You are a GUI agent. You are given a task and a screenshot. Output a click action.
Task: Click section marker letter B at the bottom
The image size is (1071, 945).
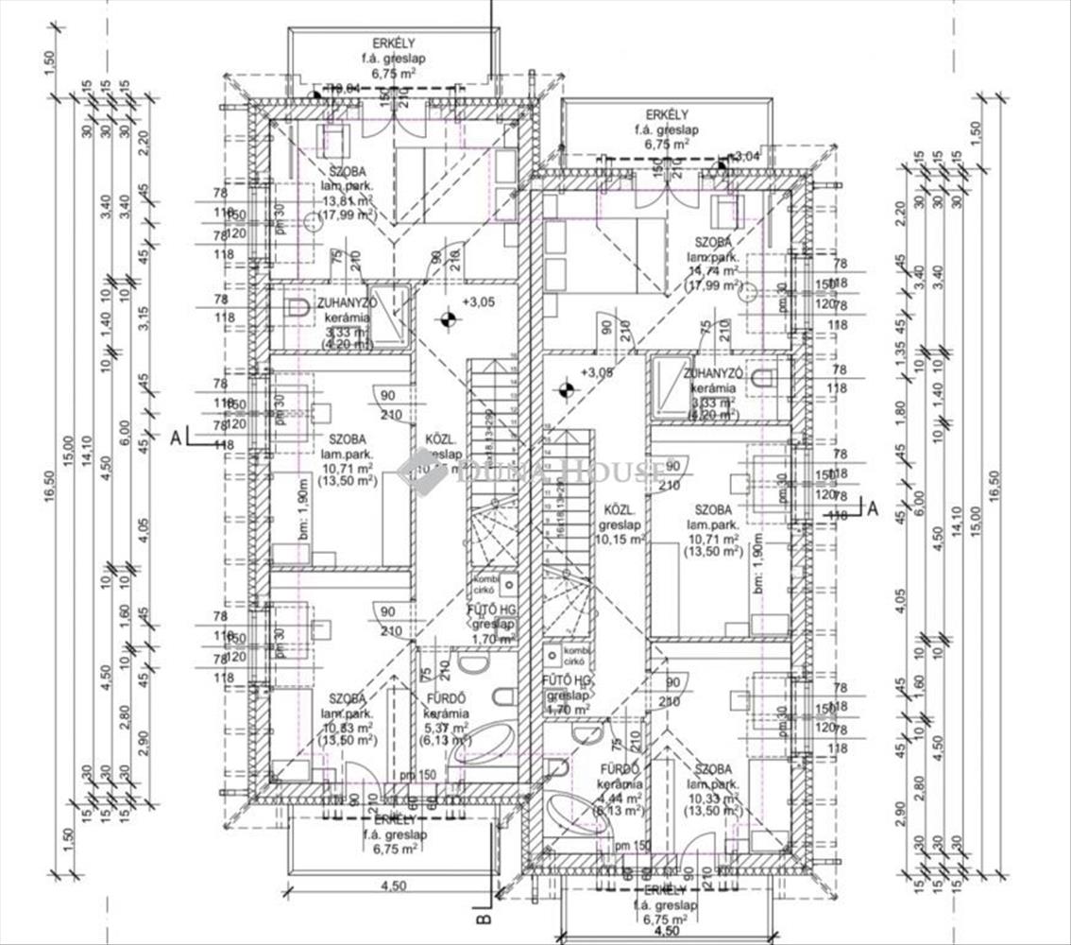pos(481,917)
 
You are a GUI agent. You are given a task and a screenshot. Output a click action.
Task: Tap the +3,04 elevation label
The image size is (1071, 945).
pos(745,155)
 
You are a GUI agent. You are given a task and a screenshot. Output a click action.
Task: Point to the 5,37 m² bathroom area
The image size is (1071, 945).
pos(447,729)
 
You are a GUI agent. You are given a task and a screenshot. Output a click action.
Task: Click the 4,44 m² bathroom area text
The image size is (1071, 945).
pos(620,798)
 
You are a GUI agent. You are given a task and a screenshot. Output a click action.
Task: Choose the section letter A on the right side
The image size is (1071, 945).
pos(873,508)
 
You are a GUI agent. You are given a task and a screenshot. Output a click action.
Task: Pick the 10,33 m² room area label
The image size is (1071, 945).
pos(714,798)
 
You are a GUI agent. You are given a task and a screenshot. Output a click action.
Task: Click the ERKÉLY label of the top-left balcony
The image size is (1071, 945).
pos(390,43)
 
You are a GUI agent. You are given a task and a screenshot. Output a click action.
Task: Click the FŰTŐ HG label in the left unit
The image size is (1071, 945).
pos(490,610)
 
